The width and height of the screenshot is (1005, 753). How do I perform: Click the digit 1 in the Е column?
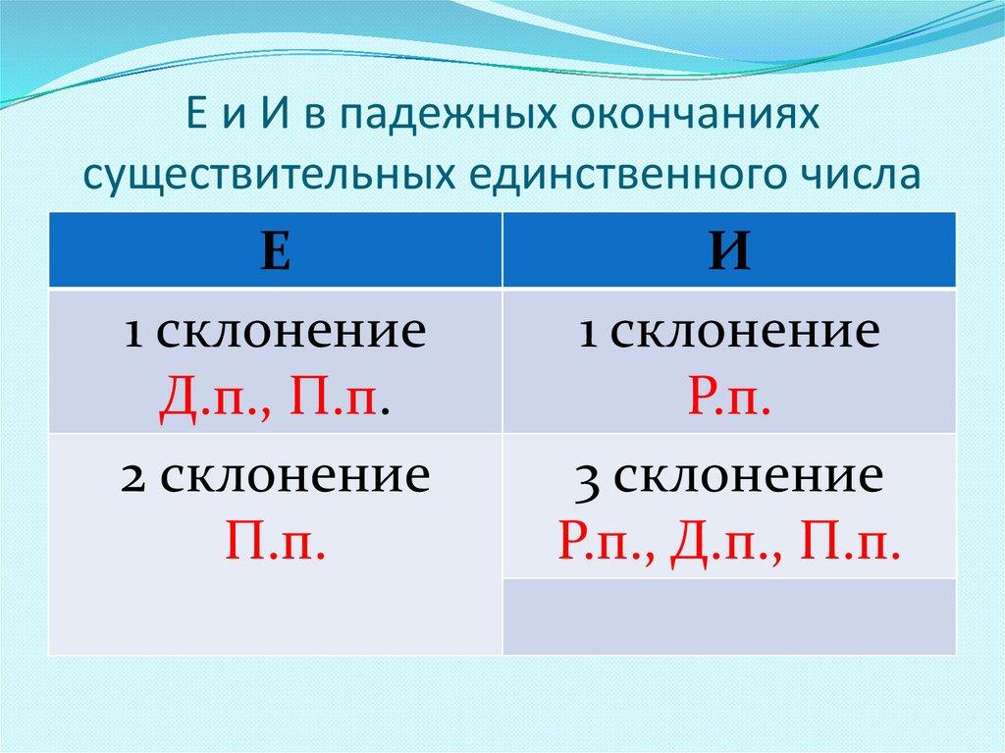pyautogui.click(x=133, y=335)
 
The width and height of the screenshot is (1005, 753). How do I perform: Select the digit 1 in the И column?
pyautogui.click(x=588, y=335)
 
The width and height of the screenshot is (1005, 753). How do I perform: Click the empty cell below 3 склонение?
pyautogui.click(x=728, y=616)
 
